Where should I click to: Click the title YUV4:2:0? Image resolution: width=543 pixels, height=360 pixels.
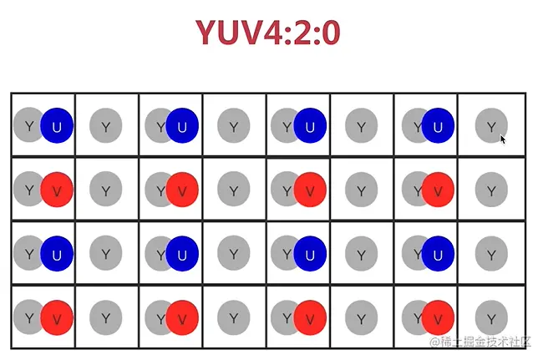tap(268, 33)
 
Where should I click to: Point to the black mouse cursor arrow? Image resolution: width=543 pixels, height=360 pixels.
tap(503, 139)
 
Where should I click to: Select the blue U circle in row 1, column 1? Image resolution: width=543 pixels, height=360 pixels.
tap(57, 126)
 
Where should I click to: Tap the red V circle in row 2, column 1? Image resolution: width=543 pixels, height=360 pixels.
tap(57, 190)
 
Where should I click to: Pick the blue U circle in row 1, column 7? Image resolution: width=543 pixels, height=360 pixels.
tap(438, 126)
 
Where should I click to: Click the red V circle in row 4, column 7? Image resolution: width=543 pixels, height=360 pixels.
tap(438, 317)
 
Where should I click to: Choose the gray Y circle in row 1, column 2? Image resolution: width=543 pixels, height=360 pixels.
tap(106, 126)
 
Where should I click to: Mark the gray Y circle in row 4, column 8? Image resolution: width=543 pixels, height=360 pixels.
tap(491, 317)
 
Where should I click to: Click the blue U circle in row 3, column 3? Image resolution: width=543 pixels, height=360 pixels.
tap(182, 253)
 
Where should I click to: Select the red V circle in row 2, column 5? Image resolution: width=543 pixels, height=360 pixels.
tap(310, 190)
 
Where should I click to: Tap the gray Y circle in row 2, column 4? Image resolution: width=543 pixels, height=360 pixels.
tap(234, 190)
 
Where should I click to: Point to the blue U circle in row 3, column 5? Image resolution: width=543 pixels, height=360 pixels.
tap(310, 253)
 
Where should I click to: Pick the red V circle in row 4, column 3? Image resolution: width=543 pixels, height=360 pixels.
tap(182, 317)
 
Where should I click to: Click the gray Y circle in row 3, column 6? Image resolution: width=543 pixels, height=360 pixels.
tap(362, 253)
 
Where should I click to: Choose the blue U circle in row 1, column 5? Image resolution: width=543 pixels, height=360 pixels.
tap(310, 126)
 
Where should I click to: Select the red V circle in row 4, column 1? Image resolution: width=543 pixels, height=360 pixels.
tap(57, 317)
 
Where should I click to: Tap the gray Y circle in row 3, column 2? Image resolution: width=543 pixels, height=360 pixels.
tap(106, 253)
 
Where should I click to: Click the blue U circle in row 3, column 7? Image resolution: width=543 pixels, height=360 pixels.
tap(438, 253)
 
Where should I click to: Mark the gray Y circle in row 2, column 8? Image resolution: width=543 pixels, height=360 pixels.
tap(491, 190)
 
